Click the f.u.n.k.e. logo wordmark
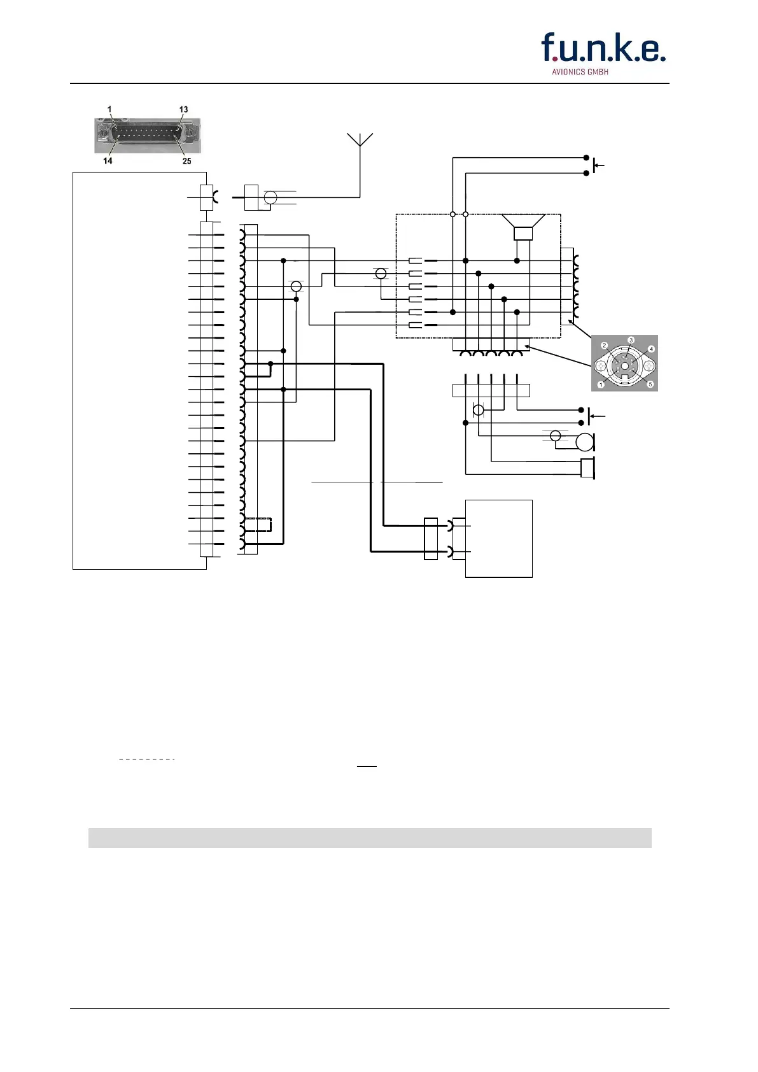(x=603, y=48)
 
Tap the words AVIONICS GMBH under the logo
(x=579, y=72)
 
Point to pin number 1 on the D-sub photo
(x=109, y=109)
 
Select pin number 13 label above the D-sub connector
(x=183, y=109)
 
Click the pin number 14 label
(x=108, y=161)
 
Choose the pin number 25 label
(x=186, y=161)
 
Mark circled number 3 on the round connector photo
(x=631, y=341)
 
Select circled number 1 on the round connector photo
(x=600, y=385)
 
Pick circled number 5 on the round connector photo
(x=650, y=384)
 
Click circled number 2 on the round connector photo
(x=605, y=346)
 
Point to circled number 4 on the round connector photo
(x=651, y=349)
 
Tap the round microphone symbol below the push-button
(x=584, y=441)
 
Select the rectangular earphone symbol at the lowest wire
(x=587, y=468)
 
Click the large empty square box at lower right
(x=498, y=538)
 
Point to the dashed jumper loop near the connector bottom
(x=260, y=525)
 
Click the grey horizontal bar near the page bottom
(x=369, y=838)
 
